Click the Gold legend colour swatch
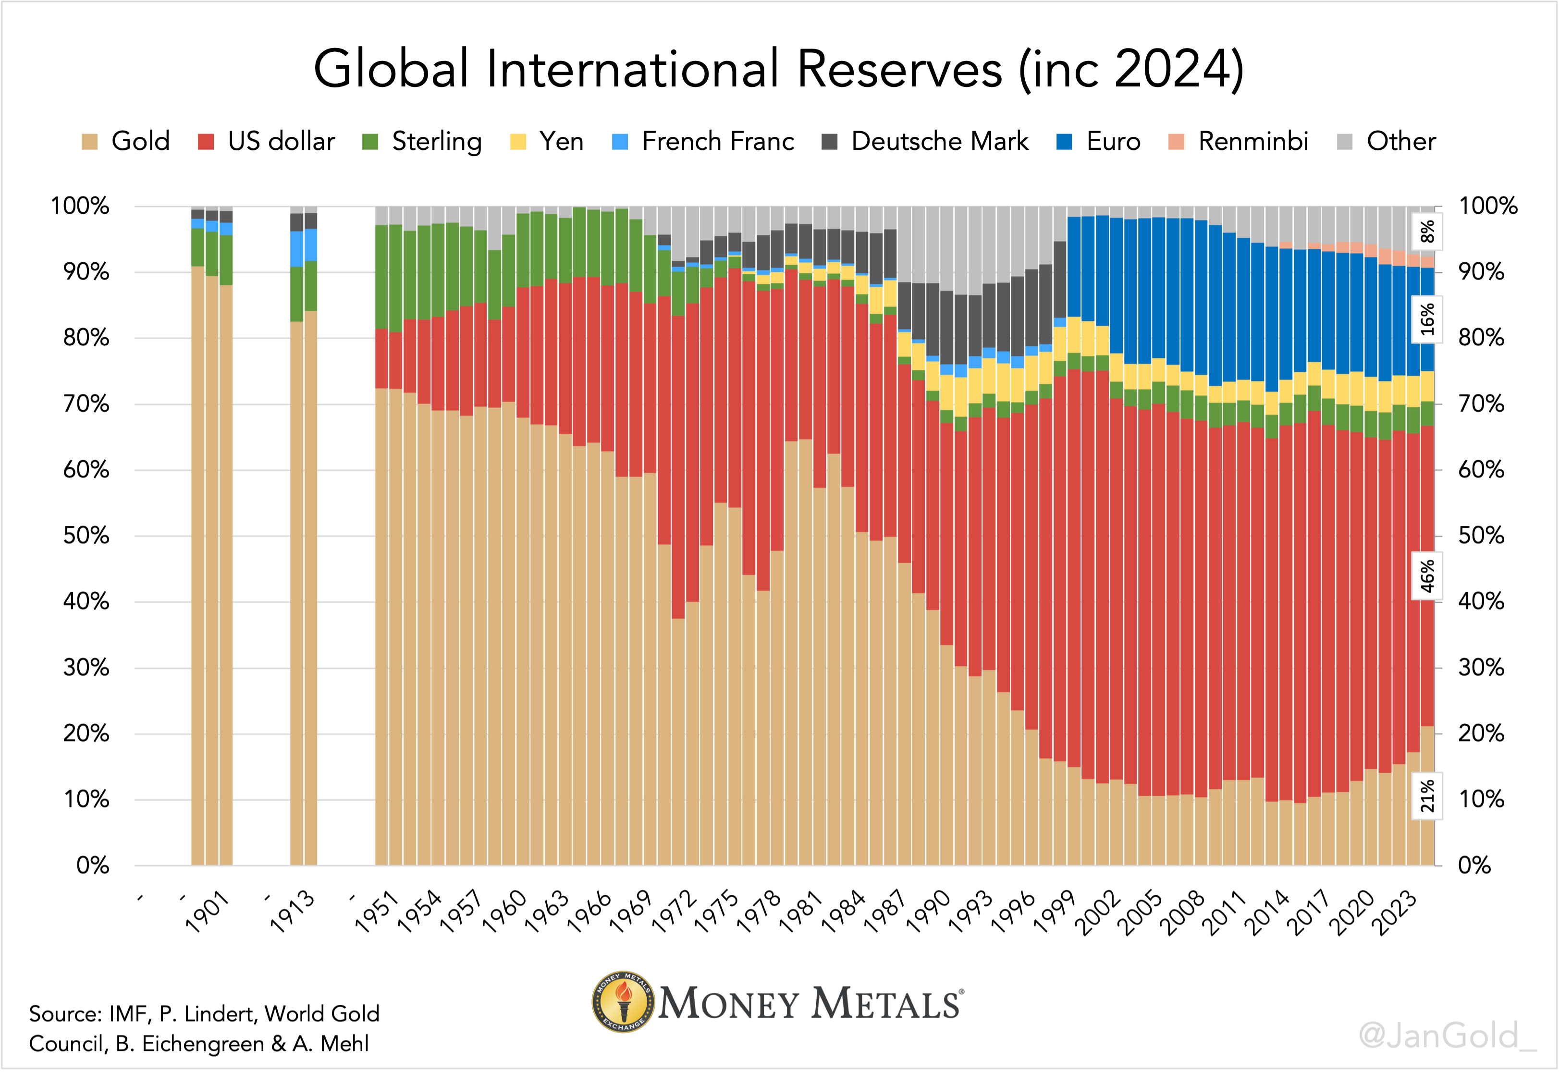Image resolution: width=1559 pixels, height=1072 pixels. (x=89, y=142)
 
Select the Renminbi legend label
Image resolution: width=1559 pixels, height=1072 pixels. (x=1252, y=142)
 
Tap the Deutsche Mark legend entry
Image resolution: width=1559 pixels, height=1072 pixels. (x=939, y=142)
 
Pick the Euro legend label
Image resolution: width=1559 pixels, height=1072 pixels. (x=1113, y=142)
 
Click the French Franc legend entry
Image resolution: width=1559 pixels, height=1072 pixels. (x=717, y=142)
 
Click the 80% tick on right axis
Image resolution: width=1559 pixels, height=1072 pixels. (x=1481, y=338)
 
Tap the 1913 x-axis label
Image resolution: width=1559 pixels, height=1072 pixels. (x=293, y=912)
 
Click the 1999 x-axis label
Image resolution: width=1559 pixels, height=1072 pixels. (x=1055, y=912)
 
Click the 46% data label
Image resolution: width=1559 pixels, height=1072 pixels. (x=1427, y=576)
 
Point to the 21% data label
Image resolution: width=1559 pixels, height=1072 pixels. (x=1427, y=796)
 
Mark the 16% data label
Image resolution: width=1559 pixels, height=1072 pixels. (x=1427, y=319)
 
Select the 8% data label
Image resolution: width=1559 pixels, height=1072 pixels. (x=1427, y=231)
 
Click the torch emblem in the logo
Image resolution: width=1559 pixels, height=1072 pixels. (x=623, y=1002)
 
